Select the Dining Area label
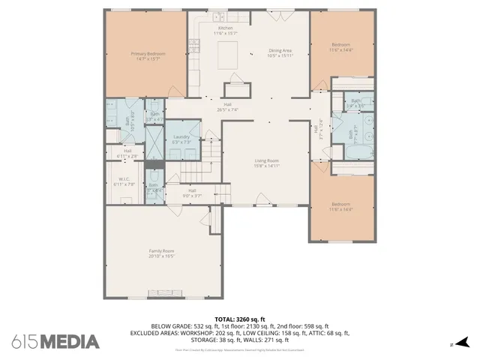[x=280, y=53]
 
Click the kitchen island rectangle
[x=229, y=55]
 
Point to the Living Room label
[x=267, y=163]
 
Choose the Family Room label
[x=161, y=253]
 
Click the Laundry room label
[x=181, y=139]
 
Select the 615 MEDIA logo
[x=55, y=342]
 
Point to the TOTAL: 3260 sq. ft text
[x=241, y=319]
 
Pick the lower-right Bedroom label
[x=341, y=206]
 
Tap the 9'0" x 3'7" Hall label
[x=192, y=193]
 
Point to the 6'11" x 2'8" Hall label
[x=128, y=154]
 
